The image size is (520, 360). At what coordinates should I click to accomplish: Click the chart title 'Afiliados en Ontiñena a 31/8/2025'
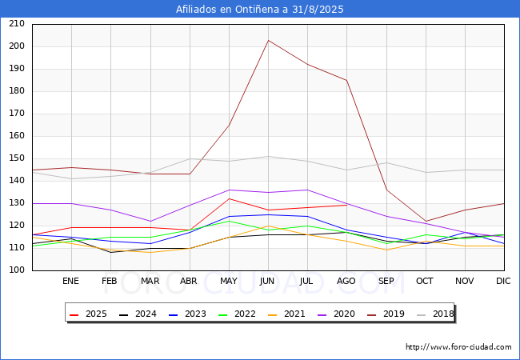coord(260,10)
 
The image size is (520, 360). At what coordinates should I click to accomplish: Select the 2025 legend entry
coord(88,314)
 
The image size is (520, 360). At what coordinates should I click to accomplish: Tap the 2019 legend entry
coord(386,314)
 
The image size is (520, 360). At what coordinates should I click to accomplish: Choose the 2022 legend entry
coord(237,314)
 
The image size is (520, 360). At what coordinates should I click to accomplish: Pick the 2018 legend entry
coord(435,314)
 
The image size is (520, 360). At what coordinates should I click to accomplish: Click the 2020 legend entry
coord(336,314)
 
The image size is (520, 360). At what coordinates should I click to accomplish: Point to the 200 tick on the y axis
coord(17,46)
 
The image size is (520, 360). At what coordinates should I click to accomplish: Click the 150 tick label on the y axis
coord(17,158)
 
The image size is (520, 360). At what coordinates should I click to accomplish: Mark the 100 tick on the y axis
coord(17,270)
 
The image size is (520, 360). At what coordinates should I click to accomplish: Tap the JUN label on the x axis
coord(267,281)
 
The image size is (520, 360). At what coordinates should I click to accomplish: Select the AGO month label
coord(346,281)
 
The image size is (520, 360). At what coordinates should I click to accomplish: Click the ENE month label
coord(70,281)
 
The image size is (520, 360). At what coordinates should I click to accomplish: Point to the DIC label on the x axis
coord(503,281)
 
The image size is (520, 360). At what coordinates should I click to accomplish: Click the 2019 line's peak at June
coord(268,41)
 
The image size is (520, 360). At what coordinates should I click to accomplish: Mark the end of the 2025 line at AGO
coord(346,205)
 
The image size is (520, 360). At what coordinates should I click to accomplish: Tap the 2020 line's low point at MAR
coord(150,221)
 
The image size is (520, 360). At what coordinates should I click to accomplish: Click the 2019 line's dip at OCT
coord(426,221)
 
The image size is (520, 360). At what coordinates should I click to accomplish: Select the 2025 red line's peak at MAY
coord(229,198)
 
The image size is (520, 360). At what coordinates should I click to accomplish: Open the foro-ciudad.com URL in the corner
coord(458,347)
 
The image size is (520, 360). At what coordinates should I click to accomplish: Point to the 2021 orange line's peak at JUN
coord(268,226)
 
